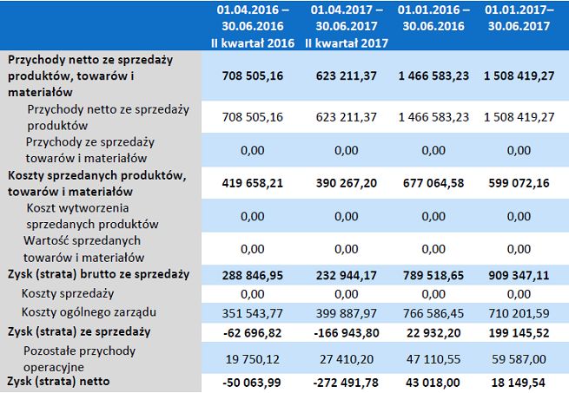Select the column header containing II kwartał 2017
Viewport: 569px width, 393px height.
click(345, 26)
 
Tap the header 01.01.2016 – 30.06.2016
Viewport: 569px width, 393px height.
click(433, 18)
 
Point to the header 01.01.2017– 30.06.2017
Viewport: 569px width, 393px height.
click(519, 18)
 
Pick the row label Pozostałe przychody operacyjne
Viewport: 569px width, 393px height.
click(83, 357)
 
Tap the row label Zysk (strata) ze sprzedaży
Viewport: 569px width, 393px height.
click(79, 331)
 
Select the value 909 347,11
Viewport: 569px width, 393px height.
click(519, 274)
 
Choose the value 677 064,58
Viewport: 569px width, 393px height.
click(433, 183)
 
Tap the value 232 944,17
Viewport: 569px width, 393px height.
click(345, 274)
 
